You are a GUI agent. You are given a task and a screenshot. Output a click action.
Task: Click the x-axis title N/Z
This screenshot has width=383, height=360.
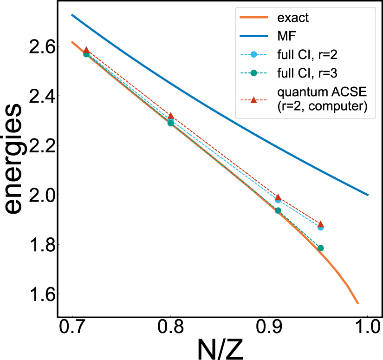(220, 348)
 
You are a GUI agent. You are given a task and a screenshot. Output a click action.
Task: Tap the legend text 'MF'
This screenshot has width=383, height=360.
(283, 36)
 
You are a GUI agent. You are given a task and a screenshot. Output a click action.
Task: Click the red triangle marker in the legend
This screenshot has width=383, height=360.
(253, 100)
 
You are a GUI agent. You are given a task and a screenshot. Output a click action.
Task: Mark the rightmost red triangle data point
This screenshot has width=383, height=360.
(320, 224)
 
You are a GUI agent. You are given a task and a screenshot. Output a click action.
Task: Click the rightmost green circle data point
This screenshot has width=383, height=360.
(320, 248)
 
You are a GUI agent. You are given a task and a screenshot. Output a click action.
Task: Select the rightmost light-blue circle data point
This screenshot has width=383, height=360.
(320, 227)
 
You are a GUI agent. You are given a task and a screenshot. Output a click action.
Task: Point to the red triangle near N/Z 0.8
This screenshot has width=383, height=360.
(171, 116)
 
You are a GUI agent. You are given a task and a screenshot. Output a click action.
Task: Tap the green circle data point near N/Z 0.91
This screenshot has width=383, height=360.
(278, 210)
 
